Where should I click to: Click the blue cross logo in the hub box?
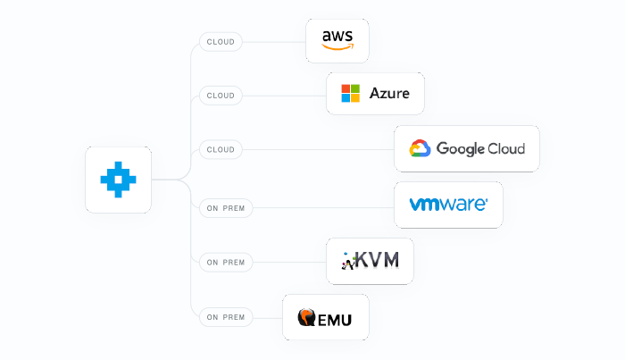point(118,179)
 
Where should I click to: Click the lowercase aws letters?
point(337,36)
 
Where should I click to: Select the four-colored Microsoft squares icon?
point(350,94)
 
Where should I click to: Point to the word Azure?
point(389,94)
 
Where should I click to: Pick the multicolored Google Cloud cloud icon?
point(421,149)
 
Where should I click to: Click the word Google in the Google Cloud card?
point(460,149)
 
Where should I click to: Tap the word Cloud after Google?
point(506,149)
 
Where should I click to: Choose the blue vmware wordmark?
point(448,205)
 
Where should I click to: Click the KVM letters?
point(379,261)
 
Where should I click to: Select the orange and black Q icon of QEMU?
point(307,317)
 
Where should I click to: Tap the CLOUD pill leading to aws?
point(221,41)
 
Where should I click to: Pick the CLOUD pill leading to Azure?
point(221,96)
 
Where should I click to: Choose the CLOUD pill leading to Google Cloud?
point(221,149)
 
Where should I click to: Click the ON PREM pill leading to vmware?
point(226,208)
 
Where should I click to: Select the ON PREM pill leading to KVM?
point(226,263)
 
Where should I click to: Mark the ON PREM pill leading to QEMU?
point(226,316)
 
